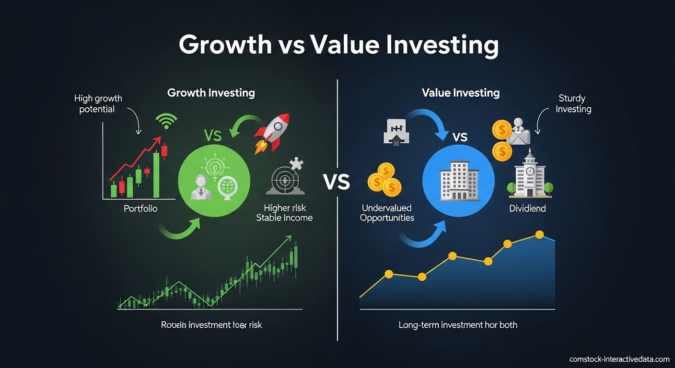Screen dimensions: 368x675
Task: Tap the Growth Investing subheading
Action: point(211,93)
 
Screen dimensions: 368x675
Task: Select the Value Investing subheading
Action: point(461,93)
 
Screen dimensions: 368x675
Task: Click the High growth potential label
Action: point(98,103)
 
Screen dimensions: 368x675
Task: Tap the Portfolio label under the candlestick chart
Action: point(140,209)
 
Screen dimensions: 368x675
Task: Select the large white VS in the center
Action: point(337,183)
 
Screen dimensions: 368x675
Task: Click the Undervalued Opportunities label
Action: point(387,213)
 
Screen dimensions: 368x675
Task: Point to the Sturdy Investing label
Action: point(573,103)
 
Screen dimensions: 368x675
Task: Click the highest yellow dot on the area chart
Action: point(539,234)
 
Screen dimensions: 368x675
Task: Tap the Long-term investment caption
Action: point(458,325)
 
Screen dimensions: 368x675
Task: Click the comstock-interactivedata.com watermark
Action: point(619,359)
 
